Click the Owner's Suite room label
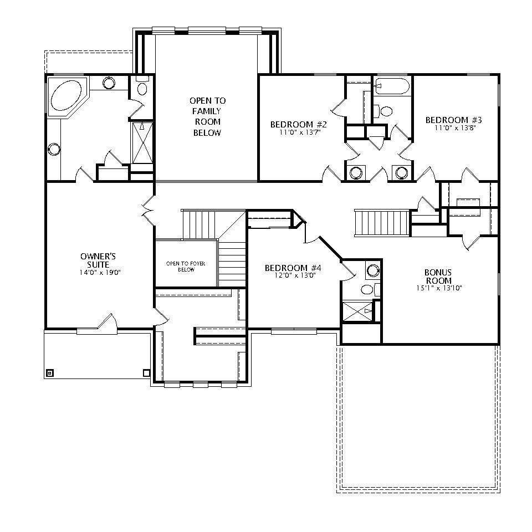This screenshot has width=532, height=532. tap(98, 260)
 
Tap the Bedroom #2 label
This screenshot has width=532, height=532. tap(295, 124)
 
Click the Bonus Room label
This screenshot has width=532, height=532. tap(438, 276)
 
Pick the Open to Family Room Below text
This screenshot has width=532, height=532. tap(207, 116)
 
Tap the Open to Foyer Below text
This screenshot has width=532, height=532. tap(185, 267)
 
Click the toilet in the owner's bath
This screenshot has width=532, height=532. tap(142, 88)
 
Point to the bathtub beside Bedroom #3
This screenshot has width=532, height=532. tap(391, 85)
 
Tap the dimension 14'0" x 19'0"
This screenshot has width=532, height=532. tap(100, 273)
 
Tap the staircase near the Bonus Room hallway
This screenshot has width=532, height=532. tap(381, 223)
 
